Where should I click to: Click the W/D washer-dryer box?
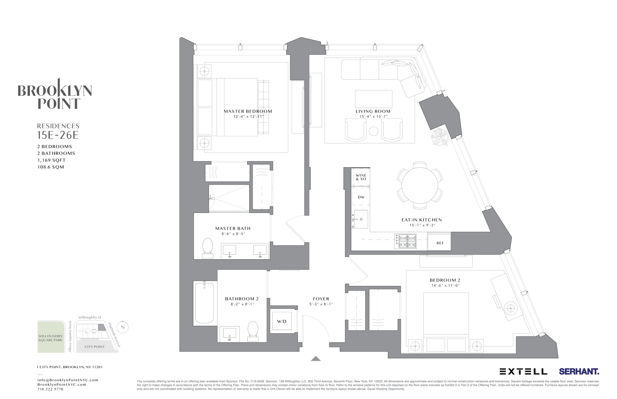[281, 321]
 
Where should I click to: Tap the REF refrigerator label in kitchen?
[440, 243]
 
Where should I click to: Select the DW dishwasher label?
[361, 197]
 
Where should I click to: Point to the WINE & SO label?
[361, 177]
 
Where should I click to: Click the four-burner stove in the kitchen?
[406, 241]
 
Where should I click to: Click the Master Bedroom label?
[248, 111]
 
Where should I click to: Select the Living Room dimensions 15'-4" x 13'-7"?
[373, 116]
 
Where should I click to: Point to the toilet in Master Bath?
[208, 248]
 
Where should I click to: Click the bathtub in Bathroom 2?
[204, 303]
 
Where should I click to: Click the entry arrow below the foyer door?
[315, 358]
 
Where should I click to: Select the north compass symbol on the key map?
[122, 327]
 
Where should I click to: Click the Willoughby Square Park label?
[51, 338]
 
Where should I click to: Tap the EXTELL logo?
[523, 371]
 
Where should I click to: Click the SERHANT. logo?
[579, 371]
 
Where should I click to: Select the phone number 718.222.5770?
[50, 389]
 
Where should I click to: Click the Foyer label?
[321, 299]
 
